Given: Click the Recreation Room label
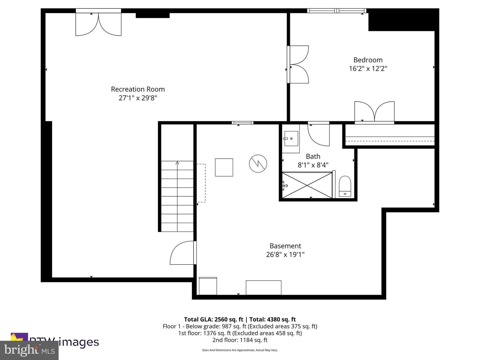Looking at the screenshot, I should pyautogui.click(x=138, y=89).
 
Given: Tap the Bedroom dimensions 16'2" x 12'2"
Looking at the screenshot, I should pyautogui.click(x=368, y=69).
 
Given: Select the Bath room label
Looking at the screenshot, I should pyautogui.click(x=313, y=156).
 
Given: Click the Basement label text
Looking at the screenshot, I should pyautogui.click(x=285, y=246).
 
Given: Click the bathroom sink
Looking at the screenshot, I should pyautogui.click(x=291, y=138).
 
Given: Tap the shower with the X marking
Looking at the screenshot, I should pyautogui.click(x=307, y=185).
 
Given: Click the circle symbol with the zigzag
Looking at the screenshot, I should pyautogui.click(x=258, y=163).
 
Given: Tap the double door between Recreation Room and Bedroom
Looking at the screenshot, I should pyautogui.click(x=298, y=64).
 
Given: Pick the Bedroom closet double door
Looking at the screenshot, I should pyautogui.click(x=374, y=112).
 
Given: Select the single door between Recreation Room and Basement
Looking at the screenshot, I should pyautogui.click(x=183, y=253).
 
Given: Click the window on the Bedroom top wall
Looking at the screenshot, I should pyautogui.click(x=337, y=11).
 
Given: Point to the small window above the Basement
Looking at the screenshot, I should pyautogui.click(x=242, y=123).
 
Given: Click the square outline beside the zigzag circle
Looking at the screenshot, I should pyautogui.click(x=224, y=167).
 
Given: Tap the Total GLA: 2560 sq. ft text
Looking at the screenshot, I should pyautogui.click(x=213, y=319).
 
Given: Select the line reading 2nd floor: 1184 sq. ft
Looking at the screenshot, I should pyautogui.click(x=240, y=340).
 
